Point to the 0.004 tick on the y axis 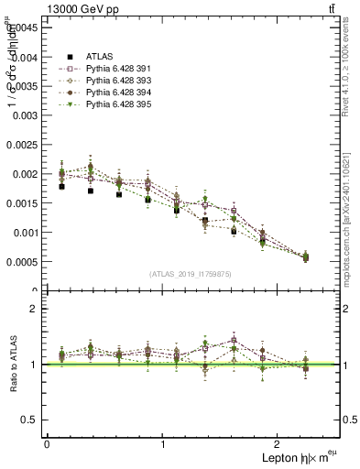[x=27, y=57]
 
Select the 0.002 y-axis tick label [x=27, y=174]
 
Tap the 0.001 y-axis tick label [x=27, y=233]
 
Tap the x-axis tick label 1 [x=163, y=444]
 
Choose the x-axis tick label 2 [x=278, y=444]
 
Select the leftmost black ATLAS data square [x=61, y=186]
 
